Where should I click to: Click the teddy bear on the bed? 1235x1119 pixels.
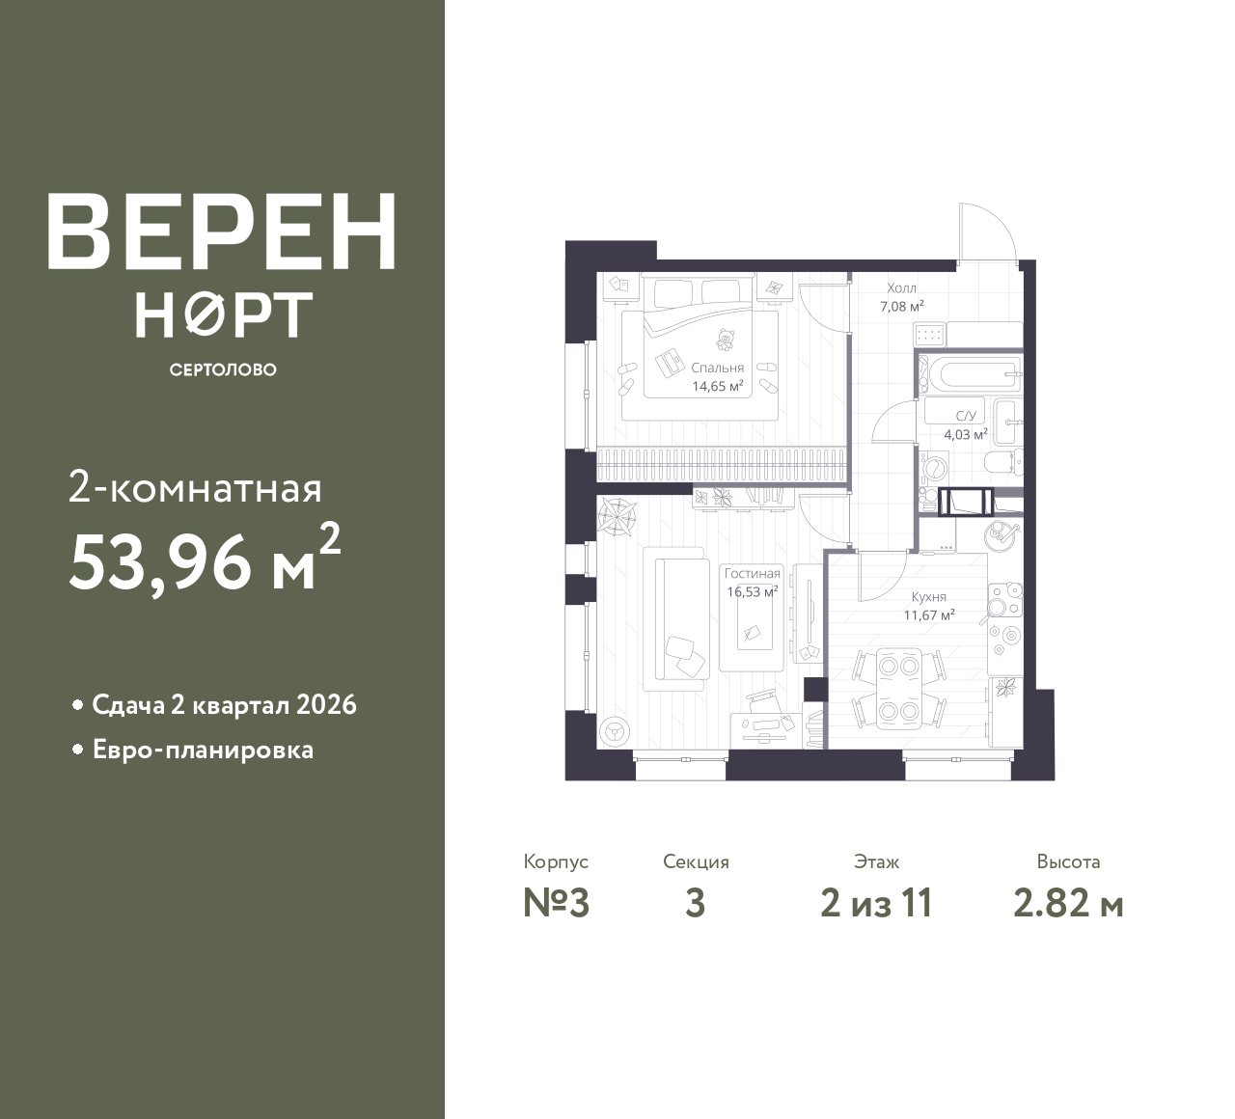(724, 340)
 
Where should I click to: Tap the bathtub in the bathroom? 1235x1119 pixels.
(968, 370)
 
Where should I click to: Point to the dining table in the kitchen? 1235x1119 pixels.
(898, 688)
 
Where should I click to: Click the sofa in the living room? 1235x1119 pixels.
(676, 617)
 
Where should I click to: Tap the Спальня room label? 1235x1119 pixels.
(717, 368)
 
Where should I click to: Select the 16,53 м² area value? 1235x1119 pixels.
(752, 592)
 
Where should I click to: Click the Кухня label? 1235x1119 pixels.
(927, 597)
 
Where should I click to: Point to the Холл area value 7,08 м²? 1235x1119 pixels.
(902, 306)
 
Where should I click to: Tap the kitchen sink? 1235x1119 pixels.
(1001, 532)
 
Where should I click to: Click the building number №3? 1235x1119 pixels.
(556, 904)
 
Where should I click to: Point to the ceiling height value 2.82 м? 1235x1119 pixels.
(1068, 904)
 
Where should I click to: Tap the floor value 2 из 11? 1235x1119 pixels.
(876, 904)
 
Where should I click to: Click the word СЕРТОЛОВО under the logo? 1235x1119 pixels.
(223, 369)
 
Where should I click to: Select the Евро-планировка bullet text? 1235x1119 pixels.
(203, 750)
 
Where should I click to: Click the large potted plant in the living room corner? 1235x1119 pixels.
(615, 517)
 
